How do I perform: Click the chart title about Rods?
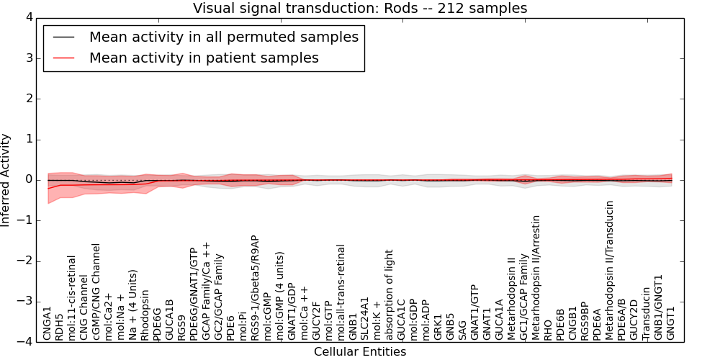pyautogui.click(x=360, y=9)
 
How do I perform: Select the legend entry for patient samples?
pyautogui.click(x=204, y=58)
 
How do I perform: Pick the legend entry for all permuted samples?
pyautogui.click(x=223, y=37)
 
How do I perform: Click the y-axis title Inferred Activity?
pyautogui.click(x=6, y=180)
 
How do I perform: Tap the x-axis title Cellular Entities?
pyautogui.click(x=360, y=352)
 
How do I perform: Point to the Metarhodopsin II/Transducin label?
pyautogui.click(x=610, y=271)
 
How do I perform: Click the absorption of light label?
pyautogui.click(x=390, y=295)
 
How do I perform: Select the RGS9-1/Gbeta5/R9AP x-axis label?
pyautogui.click(x=256, y=288)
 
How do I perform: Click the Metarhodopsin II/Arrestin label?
pyautogui.click(x=536, y=278)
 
